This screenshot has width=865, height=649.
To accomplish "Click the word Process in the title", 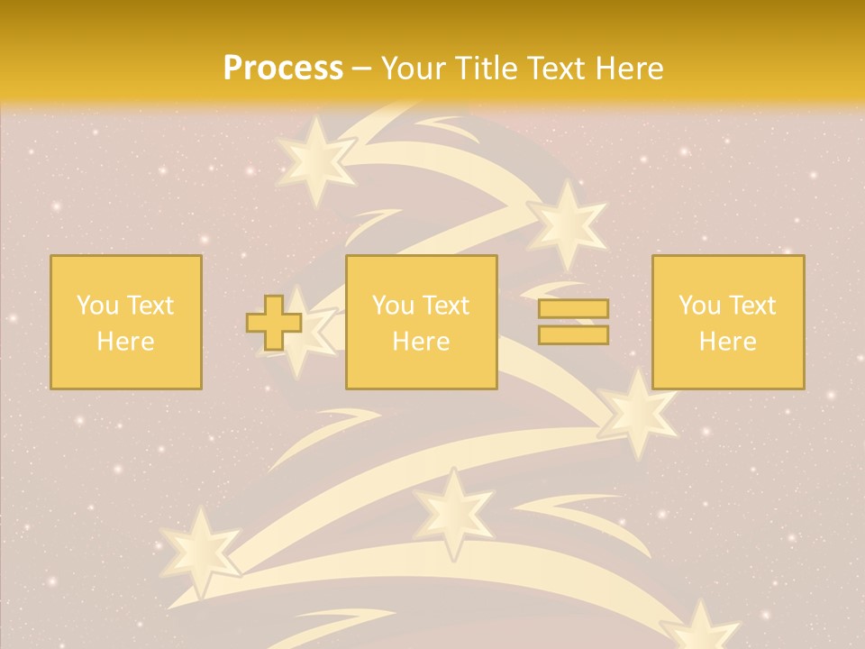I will click(x=283, y=69).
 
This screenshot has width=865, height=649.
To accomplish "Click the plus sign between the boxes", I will click(x=274, y=323).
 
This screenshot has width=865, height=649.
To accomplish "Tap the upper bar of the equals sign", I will click(x=573, y=309).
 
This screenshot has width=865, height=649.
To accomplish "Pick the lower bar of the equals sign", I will click(x=573, y=334).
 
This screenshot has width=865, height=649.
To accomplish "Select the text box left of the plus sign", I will click(x=125, y=323).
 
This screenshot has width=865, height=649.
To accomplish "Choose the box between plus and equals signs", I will click(x=421, y=323).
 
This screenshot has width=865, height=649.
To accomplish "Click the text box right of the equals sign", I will click(x=727, y=323).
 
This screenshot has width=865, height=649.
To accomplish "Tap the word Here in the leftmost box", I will click(x=125, y=342).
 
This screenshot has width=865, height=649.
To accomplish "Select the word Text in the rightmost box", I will click(x=752, y=306).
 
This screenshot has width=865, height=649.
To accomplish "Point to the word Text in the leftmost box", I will click(x=150, y=306).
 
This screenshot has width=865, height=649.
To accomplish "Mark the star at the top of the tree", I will click(x=315, y=160).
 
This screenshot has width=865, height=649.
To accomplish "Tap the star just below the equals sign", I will click(x=638, y=413).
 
